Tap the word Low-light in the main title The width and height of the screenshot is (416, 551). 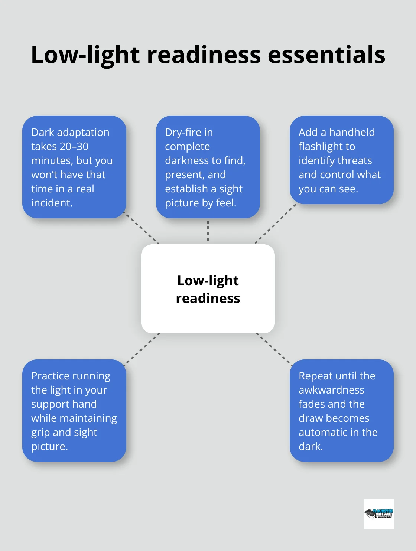85,55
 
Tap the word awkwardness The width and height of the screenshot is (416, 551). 331,390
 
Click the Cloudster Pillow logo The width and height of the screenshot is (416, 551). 378,513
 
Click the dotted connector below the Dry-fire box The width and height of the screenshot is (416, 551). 208,231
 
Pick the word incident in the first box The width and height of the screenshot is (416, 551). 51,203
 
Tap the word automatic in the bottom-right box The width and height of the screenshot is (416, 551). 324,432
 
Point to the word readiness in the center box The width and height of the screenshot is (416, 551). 208,298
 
